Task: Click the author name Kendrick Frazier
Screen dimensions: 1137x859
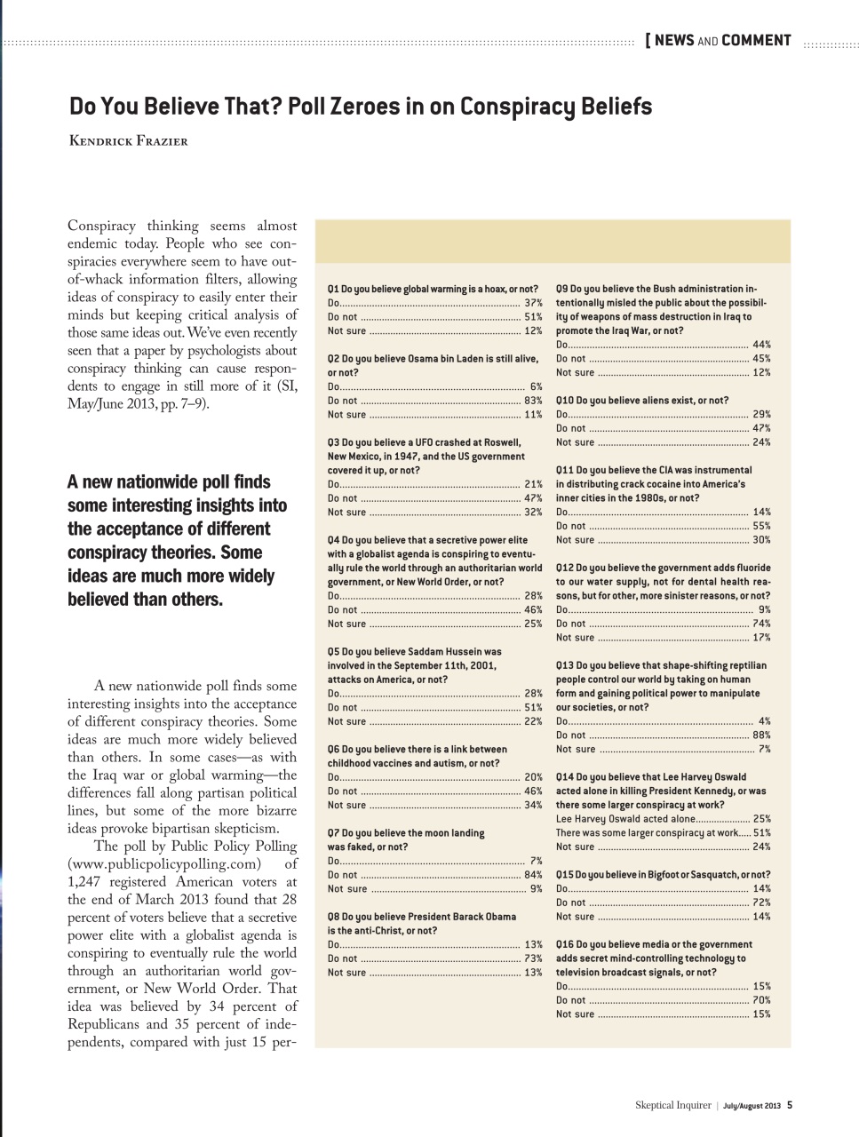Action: point(128,140)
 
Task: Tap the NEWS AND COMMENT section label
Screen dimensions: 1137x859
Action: point(720,40)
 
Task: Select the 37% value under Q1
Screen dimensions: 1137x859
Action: point(532,303)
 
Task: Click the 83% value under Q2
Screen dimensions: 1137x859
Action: point(532,401)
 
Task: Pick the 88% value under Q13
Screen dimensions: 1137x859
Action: point(761,735)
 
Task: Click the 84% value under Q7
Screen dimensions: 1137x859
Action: point(532,875)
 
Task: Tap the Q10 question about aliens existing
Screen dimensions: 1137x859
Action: point(641,401)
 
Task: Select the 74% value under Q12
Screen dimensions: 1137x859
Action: point(761,624)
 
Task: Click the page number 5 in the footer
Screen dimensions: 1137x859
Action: point(790,1105)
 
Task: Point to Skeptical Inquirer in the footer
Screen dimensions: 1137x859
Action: point(672,1105)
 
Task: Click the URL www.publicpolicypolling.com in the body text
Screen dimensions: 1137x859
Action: point(164,864)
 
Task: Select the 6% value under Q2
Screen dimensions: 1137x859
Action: point(535,386)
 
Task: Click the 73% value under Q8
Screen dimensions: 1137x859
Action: point(532,958)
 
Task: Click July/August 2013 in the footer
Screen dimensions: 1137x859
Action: point(752,1106)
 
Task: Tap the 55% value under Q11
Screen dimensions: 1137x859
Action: point(761,526)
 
